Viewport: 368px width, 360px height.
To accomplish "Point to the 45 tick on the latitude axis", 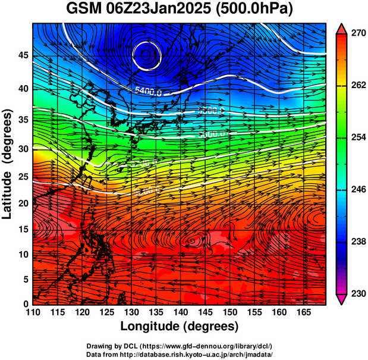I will (x=23, y=55).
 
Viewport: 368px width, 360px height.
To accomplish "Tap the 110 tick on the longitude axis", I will (x=33, y=313).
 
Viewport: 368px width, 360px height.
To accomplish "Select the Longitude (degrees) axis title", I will (x=179, y=327).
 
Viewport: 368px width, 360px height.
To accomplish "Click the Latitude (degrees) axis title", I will (x=8, y=164).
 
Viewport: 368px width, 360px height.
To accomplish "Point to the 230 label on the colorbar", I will (x=356, y=293).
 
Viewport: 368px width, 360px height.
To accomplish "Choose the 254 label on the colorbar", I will (x=356, y=137).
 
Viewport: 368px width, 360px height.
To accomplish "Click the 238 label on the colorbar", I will (x=356, y=242).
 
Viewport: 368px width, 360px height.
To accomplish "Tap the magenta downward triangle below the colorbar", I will (x=341, y=299).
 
